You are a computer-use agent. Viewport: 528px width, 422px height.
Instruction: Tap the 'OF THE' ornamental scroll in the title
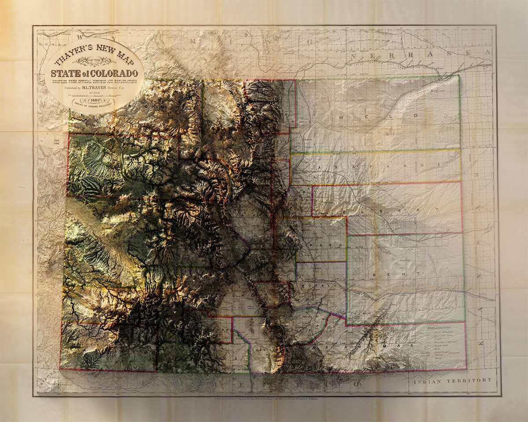pos(94,62)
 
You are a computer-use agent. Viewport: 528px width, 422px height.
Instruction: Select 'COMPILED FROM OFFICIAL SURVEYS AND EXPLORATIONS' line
pos(94,81)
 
